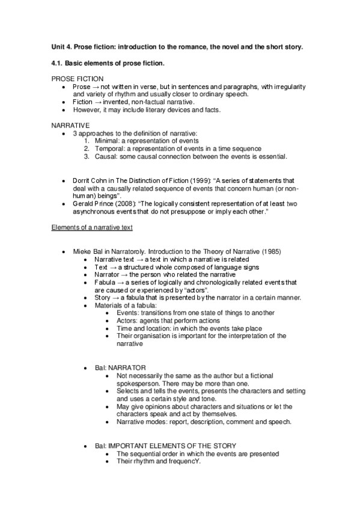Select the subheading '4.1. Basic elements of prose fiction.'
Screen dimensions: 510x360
108,63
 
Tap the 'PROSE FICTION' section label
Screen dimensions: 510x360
78,79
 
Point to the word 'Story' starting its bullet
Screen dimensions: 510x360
103,298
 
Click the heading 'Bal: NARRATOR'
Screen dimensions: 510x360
120,367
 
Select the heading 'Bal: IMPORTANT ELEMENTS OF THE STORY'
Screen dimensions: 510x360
165,446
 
